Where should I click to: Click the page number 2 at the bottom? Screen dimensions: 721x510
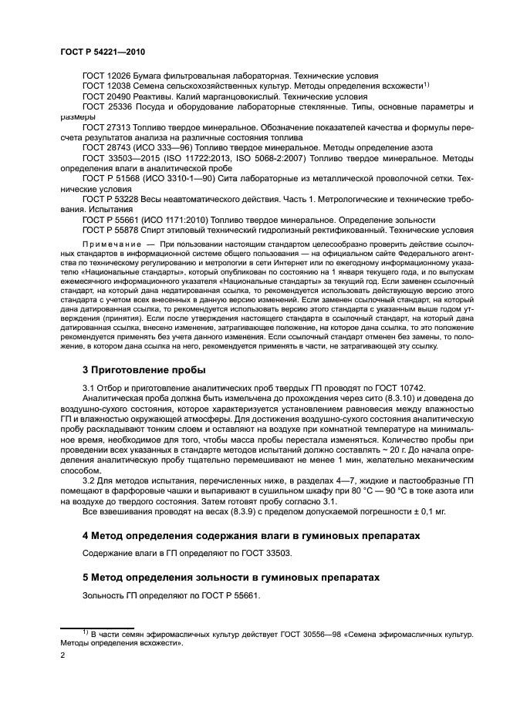pos(63,655)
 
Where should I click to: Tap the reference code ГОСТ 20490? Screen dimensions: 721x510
pos(106,97)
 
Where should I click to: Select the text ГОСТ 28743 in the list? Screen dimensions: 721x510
pos(106,147)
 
